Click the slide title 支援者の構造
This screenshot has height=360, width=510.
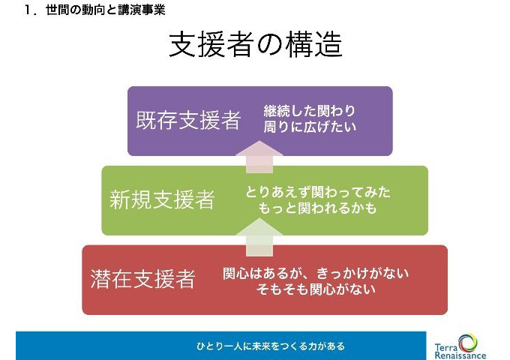(256, 44)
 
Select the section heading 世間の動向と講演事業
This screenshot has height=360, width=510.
(106, 10)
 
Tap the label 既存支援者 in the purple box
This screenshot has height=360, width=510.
(188, 120)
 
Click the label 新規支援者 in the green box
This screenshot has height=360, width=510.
(162, 199)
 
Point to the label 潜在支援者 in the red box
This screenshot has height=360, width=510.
(142, 279)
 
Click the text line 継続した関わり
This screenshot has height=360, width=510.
(309, 111)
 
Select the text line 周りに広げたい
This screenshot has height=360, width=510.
(310, 127)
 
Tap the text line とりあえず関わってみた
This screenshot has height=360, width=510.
(318, 192)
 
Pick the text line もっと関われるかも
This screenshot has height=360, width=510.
(317, 208)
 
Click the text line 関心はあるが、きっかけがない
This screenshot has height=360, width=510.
(316, 273)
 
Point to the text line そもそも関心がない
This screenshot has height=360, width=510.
(316, 289)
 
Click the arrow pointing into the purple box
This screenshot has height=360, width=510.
(259, 157)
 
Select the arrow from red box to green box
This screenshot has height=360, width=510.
(259, 237)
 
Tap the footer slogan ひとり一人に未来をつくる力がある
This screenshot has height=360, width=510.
(270, 346)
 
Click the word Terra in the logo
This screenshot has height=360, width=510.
(446, 347)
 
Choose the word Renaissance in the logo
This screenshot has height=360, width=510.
(460, 355)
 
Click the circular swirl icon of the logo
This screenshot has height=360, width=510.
(468, 343)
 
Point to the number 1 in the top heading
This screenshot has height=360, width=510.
(28, 10)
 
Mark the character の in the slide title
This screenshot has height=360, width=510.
(270, 45)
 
